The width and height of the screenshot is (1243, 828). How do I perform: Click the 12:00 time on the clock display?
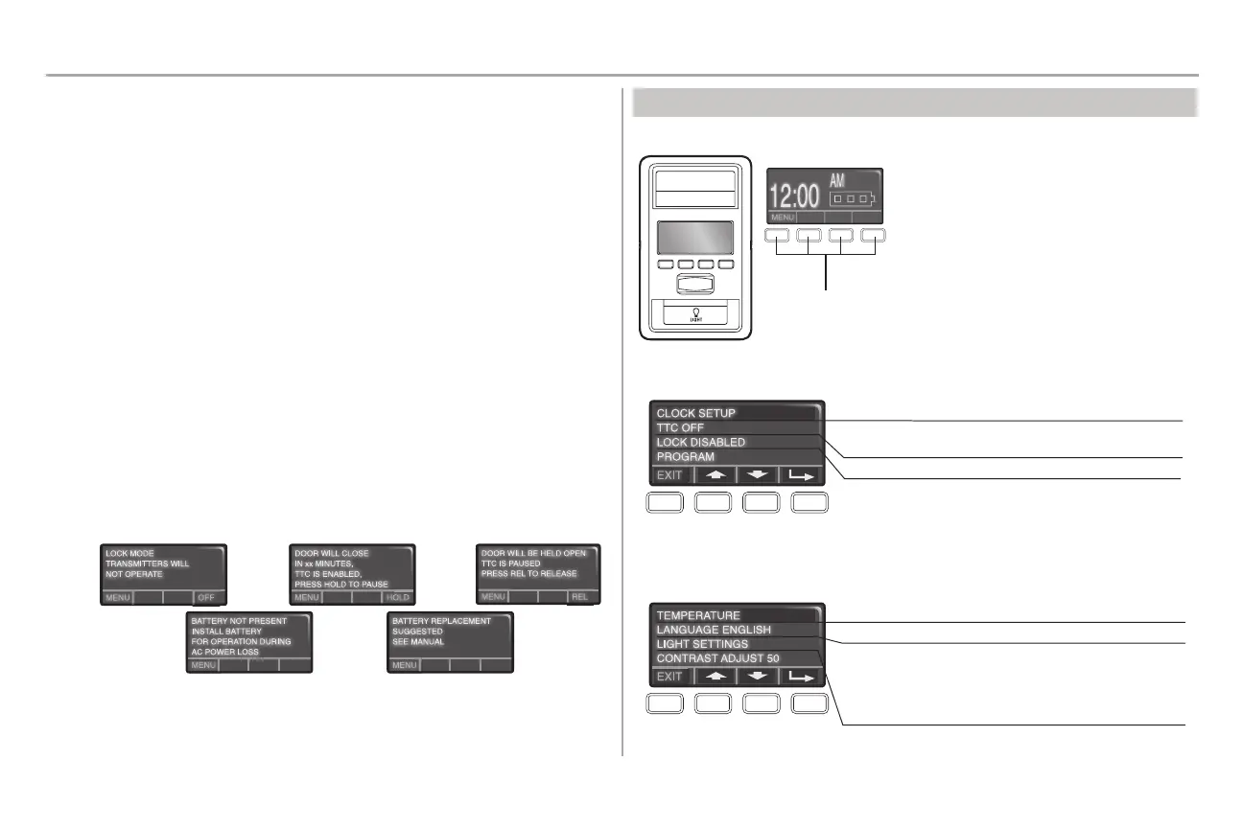(795, 196)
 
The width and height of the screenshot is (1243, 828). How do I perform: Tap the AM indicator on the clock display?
(839, 181)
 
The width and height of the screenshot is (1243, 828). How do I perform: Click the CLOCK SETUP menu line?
(695, 413)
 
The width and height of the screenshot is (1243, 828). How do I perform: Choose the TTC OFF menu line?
(680, 427)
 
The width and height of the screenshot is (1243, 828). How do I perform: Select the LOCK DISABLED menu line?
(700, 442)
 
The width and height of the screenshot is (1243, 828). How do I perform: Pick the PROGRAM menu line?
(685, 457)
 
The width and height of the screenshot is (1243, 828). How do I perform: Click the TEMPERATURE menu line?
(698, 615)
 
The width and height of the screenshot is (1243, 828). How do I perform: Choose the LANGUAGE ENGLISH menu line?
(714, 630)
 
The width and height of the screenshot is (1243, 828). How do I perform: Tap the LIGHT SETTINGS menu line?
(702, 644)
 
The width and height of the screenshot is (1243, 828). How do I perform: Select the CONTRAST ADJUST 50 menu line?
(721, 658)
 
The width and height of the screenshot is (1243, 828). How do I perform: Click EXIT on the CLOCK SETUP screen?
(669, 474)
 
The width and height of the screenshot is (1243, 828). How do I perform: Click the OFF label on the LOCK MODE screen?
(206, 597)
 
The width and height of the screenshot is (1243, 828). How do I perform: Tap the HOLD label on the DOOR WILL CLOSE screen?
(397, 597)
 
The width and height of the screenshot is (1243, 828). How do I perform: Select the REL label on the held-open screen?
(579, 597)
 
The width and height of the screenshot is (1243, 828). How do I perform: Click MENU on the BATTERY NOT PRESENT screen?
(202, 665)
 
